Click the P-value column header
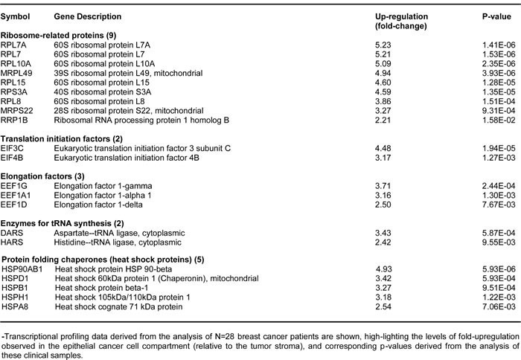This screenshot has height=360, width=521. click(x=496, y=16)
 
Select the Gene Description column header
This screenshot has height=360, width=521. click(x=88, y=16)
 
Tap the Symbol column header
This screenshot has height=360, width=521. click(x=15, y=16)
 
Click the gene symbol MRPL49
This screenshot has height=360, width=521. click(x=16, y=73)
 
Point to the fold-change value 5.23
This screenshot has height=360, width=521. click(x=383, y=45)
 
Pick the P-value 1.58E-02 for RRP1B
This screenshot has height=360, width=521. click(x=499, y=120)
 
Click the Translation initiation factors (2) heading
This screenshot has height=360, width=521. click(x=62, y=139)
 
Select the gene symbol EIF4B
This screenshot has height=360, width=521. click(x=12, y=158)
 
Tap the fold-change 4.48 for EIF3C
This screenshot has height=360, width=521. click(x=383, y=148)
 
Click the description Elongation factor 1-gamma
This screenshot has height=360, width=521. click(x=103, y=186)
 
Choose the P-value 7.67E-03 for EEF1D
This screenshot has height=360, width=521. click(x=499, y=205)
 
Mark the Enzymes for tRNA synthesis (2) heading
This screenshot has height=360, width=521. click(x=62, y=223)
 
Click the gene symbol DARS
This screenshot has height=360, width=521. click(x=12, y=233)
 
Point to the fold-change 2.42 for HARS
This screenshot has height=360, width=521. click(x=383, y=242)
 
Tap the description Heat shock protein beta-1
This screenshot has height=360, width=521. click(x=102, y=288)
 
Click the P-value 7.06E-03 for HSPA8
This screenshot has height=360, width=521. click(x=499, y=306)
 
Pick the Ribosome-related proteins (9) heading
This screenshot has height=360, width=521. click(x=58, y=35)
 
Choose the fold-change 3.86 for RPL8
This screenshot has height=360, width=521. click(x=383, y=101)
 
